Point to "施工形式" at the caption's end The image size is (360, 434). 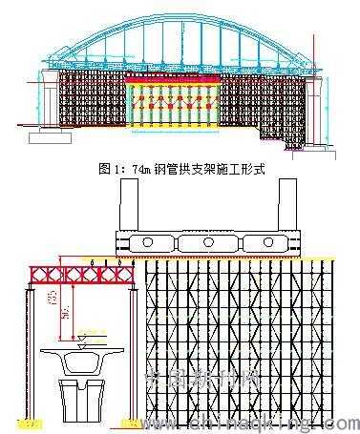(239, 169)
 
